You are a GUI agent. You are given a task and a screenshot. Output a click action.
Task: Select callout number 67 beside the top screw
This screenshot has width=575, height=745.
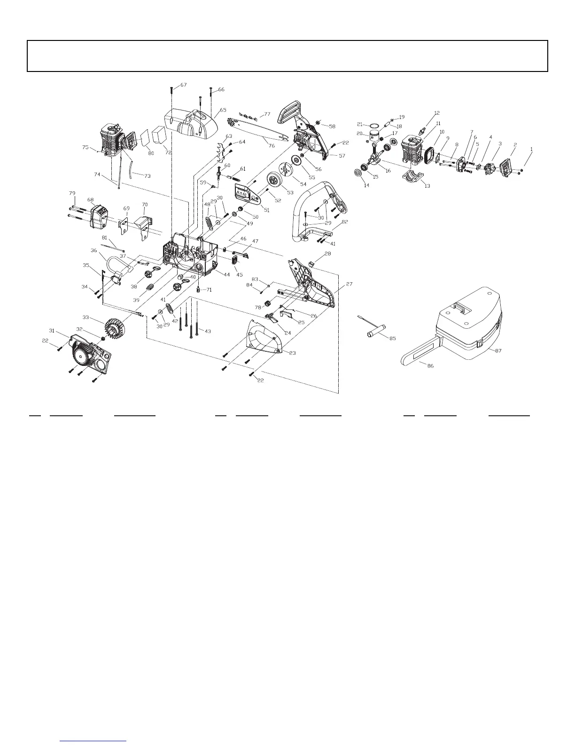183,85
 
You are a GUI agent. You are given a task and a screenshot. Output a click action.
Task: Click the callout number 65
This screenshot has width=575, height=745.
223,110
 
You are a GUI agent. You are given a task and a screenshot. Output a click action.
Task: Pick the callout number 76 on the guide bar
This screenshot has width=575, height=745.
272,146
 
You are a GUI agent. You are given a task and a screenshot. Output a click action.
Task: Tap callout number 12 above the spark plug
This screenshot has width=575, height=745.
437,113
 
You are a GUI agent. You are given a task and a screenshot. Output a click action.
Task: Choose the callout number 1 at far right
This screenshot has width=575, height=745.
531,149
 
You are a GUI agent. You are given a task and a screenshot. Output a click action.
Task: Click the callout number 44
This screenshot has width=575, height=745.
227,275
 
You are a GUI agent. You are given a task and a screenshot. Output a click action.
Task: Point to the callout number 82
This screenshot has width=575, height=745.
345,222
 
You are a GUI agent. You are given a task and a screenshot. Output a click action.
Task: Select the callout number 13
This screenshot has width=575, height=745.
427,186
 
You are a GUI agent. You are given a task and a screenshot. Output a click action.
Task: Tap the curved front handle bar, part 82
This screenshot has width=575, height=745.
305,207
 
